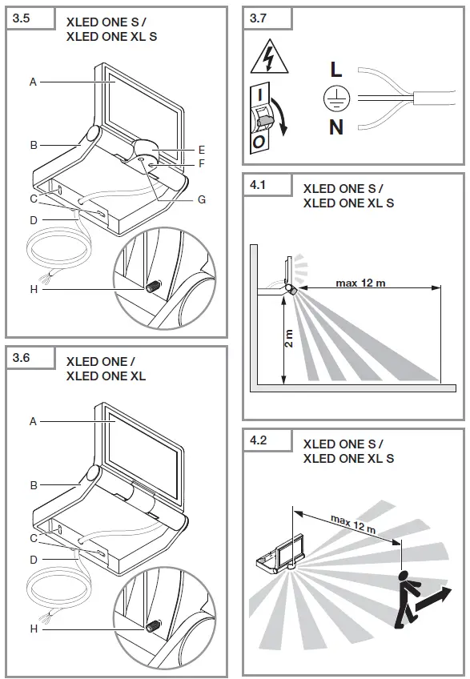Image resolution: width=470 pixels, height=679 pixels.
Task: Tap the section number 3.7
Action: pyautogui.click(x=259, y=18)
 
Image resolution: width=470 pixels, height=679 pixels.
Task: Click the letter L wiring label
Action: pyautogui.click(x=336, y=70)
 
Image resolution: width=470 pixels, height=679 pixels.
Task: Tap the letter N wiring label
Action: pyautogui.click(x=336, y=127)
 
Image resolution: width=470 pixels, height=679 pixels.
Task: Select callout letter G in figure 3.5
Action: pyautogui.click(x=202, y=199)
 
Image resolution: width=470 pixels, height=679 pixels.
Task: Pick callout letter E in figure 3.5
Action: pyautogui.click(x=202, y=149)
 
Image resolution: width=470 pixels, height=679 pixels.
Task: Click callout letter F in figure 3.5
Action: pyautogui.click(x=202, y=164)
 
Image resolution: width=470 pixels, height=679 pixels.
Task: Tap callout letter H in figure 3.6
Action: pyautogui.click(x=34, y=629)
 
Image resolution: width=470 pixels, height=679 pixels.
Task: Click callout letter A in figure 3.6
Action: pyautogui.click(x=34, y=420)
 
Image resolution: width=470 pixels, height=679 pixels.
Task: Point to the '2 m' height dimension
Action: pyautogui.click(x=288, y=339)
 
